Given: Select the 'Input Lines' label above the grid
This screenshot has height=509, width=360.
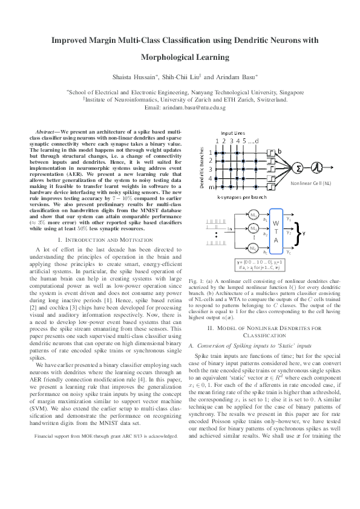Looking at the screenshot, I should click(233, 132).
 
